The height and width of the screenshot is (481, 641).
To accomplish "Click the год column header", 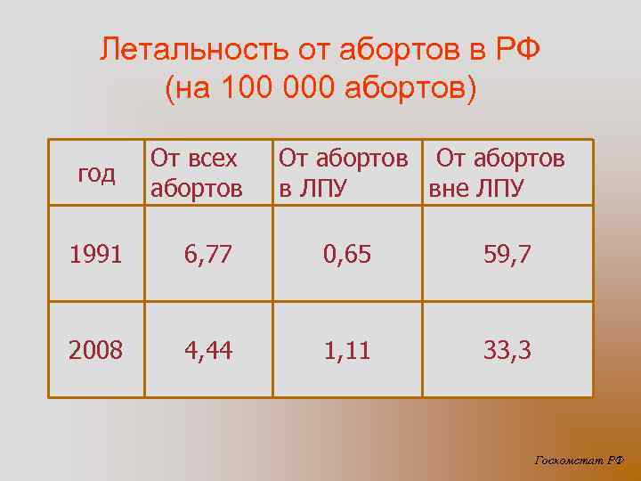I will point(96,174).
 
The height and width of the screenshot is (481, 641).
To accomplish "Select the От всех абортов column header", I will point(197,173).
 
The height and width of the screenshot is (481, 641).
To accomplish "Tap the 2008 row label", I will point(96,351).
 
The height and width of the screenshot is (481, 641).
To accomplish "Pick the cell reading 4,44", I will point(208,351).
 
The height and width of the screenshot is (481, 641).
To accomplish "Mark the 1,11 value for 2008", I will point(347,351).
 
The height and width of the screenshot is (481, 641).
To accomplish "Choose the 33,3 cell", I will point(507,351).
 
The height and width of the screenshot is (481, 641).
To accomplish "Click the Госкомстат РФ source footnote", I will point(580,460).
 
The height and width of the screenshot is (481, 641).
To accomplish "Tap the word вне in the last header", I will point(450,189).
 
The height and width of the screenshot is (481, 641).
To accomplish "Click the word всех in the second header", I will point(207,159).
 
